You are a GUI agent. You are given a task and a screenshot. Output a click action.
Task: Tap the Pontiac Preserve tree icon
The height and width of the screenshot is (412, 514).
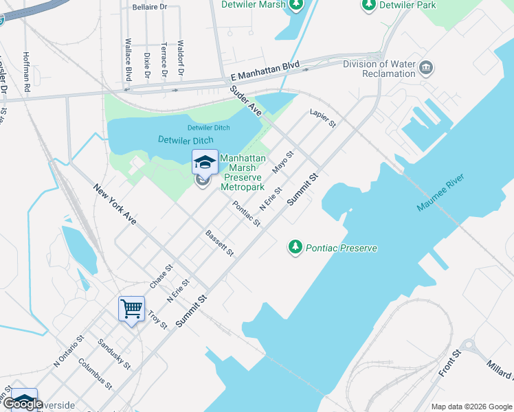[295, 246]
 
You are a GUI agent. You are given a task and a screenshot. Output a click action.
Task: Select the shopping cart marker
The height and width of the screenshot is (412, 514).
[131, 308]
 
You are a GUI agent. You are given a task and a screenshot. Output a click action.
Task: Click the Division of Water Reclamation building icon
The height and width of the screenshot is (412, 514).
[427, 67]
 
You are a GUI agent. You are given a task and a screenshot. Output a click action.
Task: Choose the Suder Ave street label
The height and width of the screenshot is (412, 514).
[246, 101]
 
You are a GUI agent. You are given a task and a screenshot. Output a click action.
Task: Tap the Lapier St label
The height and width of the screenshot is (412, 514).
[322, 119]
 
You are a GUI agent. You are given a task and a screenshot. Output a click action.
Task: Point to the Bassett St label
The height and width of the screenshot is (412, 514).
[220, 243]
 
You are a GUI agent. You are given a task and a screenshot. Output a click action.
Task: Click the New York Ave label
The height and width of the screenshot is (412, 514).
[115, 205]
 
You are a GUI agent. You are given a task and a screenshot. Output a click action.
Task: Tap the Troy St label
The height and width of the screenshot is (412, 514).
[157, 319]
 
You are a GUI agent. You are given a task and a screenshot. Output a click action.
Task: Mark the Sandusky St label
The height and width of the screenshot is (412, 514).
[114, 354]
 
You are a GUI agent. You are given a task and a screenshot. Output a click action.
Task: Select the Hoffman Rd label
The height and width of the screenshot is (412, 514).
[26, 72]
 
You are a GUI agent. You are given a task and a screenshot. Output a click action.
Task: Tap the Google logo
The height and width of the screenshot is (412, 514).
[23, 403]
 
